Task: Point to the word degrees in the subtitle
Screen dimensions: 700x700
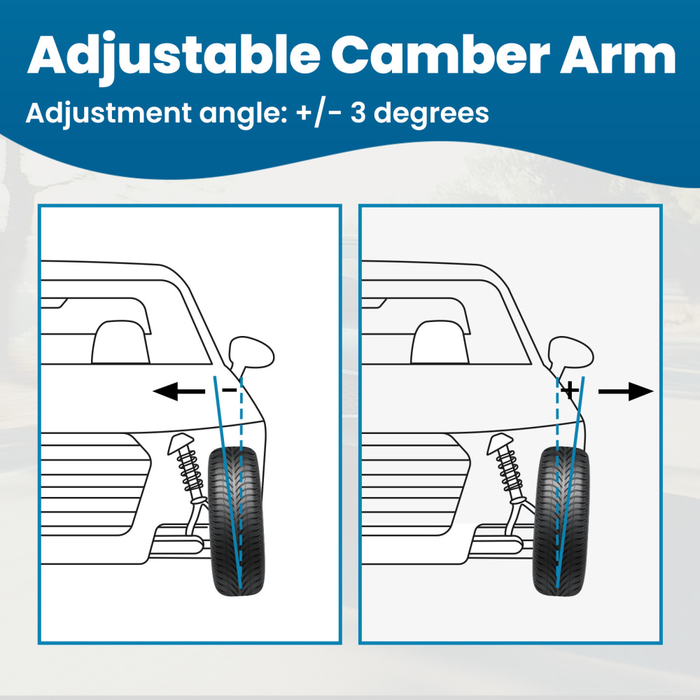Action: click(434, 114)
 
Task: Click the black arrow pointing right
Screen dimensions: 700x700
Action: click(625, 392)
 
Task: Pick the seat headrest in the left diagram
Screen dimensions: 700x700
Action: click(120, 342)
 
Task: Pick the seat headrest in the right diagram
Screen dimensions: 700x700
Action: click(440, 342)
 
